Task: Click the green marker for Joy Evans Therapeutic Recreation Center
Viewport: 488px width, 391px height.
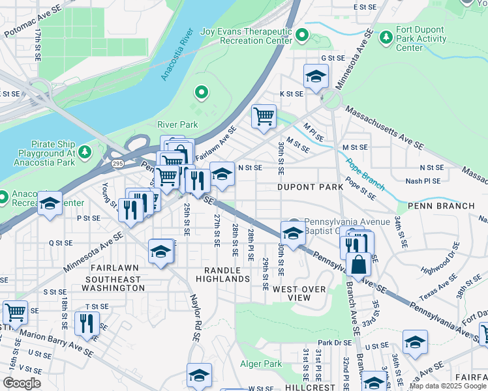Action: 302,35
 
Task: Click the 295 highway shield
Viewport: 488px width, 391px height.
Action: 117,163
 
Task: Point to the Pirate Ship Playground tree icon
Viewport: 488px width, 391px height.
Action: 84,152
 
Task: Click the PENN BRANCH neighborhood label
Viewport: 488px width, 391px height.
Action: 441,206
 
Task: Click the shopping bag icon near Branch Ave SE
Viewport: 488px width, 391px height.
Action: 358,265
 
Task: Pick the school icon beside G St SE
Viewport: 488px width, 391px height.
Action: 316,77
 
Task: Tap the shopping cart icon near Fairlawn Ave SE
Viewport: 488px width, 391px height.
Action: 264,117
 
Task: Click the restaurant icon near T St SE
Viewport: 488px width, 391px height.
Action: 87,323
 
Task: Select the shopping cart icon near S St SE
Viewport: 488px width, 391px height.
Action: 15,312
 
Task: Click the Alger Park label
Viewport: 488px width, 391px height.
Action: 262,364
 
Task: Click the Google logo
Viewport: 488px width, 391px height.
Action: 22,383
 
